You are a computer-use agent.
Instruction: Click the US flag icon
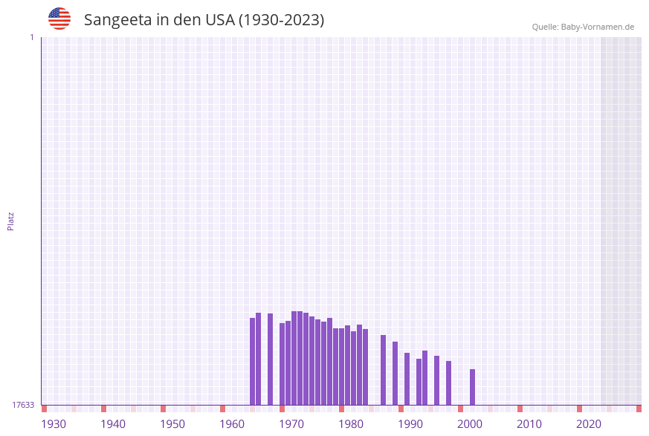point(59,19)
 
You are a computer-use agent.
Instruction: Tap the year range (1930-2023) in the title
point(281,20)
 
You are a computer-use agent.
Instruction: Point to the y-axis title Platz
point(11,221)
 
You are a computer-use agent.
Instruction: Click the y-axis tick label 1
point(31,37)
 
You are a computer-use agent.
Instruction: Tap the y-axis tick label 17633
point(23,405)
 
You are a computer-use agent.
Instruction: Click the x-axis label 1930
point(54,424)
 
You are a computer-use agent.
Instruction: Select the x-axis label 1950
point(172,424)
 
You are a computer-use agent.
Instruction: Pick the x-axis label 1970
point(291,424)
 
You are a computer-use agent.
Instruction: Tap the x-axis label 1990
point(410,424)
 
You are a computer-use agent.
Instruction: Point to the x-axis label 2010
point(529,424)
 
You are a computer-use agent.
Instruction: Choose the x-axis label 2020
point(589,424)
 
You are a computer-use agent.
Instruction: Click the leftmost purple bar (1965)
point(253,362)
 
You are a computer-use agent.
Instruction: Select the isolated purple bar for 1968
point(271,359)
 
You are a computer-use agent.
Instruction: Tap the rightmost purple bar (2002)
point(472,387)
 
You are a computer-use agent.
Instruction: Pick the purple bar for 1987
point(384,370)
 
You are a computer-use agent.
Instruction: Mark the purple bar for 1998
point(449,383)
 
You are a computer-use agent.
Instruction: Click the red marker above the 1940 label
point(104,409)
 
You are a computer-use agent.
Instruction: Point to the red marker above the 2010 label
point(520,409)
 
